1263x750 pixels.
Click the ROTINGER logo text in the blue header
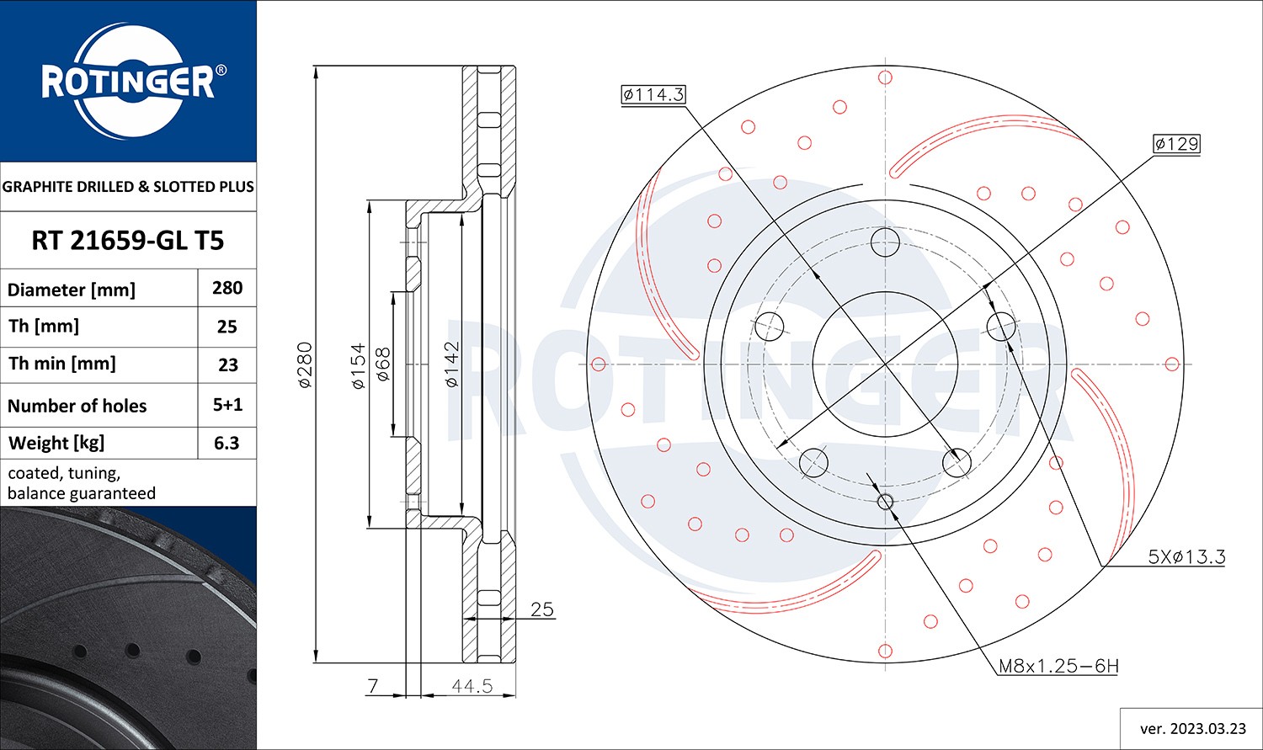tap(128, 82)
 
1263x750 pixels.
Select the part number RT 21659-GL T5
tap(128, 241)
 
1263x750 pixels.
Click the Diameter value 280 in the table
tap(227, 288)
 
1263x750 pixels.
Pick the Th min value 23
tap(227, 365)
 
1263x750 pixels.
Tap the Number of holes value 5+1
tap(227, 405)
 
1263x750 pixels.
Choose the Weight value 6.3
tap(226, 443)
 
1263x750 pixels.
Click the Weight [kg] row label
tap(56, 443)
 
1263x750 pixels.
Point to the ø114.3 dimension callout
tap(653, 94)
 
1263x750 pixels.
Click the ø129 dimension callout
tap(1176, 144)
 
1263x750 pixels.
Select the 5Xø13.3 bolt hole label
tap(1186, 556)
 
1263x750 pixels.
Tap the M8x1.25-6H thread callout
tap(1058, 667)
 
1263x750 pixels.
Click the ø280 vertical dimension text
tap(305, 364)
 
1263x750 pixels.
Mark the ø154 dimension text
tap(359, 365)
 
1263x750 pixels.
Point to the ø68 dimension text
tap(383, 364)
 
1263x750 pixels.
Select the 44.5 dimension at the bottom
tap(472, 686)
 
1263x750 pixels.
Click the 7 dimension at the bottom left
tap(372, 686)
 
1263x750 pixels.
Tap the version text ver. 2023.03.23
tap(1192, 728)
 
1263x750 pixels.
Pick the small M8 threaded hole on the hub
tap(885, 503)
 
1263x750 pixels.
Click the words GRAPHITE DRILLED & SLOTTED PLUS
tap(128, 187)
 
